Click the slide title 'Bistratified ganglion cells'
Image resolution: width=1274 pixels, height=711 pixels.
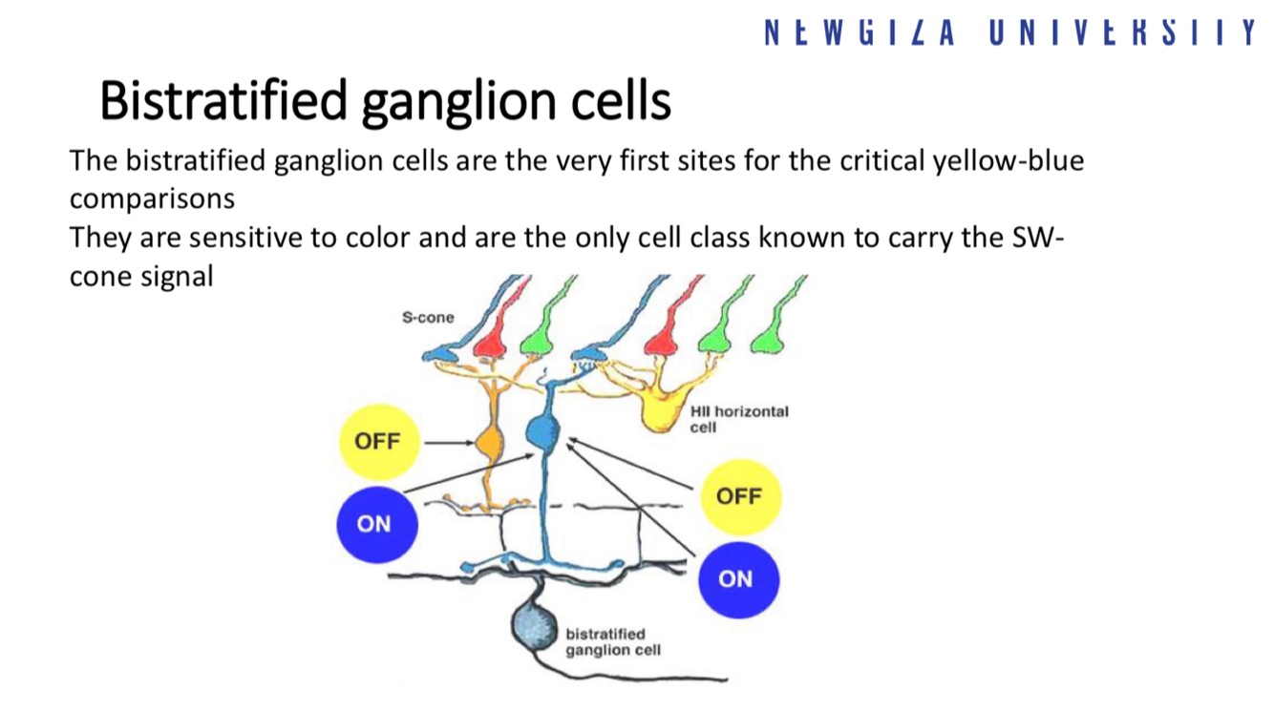coord(385,101)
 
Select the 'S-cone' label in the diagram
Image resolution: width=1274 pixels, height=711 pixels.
coord(428,317)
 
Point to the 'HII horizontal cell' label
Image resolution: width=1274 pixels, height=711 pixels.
coord(738,419)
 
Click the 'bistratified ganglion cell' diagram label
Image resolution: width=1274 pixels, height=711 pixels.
coord(606,641)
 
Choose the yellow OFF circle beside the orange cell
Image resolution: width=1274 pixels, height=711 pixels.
coord(378,441)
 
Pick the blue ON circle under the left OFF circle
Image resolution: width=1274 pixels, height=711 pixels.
coord(375,523)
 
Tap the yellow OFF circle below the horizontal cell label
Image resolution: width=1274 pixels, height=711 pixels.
coord(739,496)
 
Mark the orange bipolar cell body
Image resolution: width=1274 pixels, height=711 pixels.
coord(489,443)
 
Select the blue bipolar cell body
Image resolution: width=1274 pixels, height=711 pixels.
coord(542,432)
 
